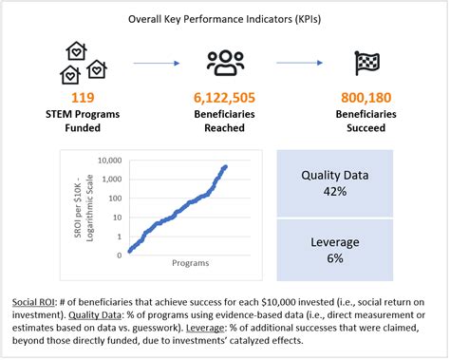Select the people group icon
click(225, 64)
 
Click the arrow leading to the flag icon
click(298, 65)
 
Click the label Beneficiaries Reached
click(225, 121)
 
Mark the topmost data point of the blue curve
click(226, 167)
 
